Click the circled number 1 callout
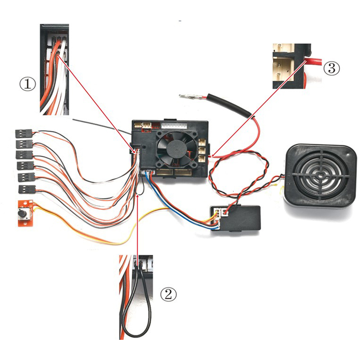tap(28, 84)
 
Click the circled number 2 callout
tap(169, 295)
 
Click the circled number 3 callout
tap(332, 68)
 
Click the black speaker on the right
tap(320, 176)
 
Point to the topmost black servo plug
tap(24, 134)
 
